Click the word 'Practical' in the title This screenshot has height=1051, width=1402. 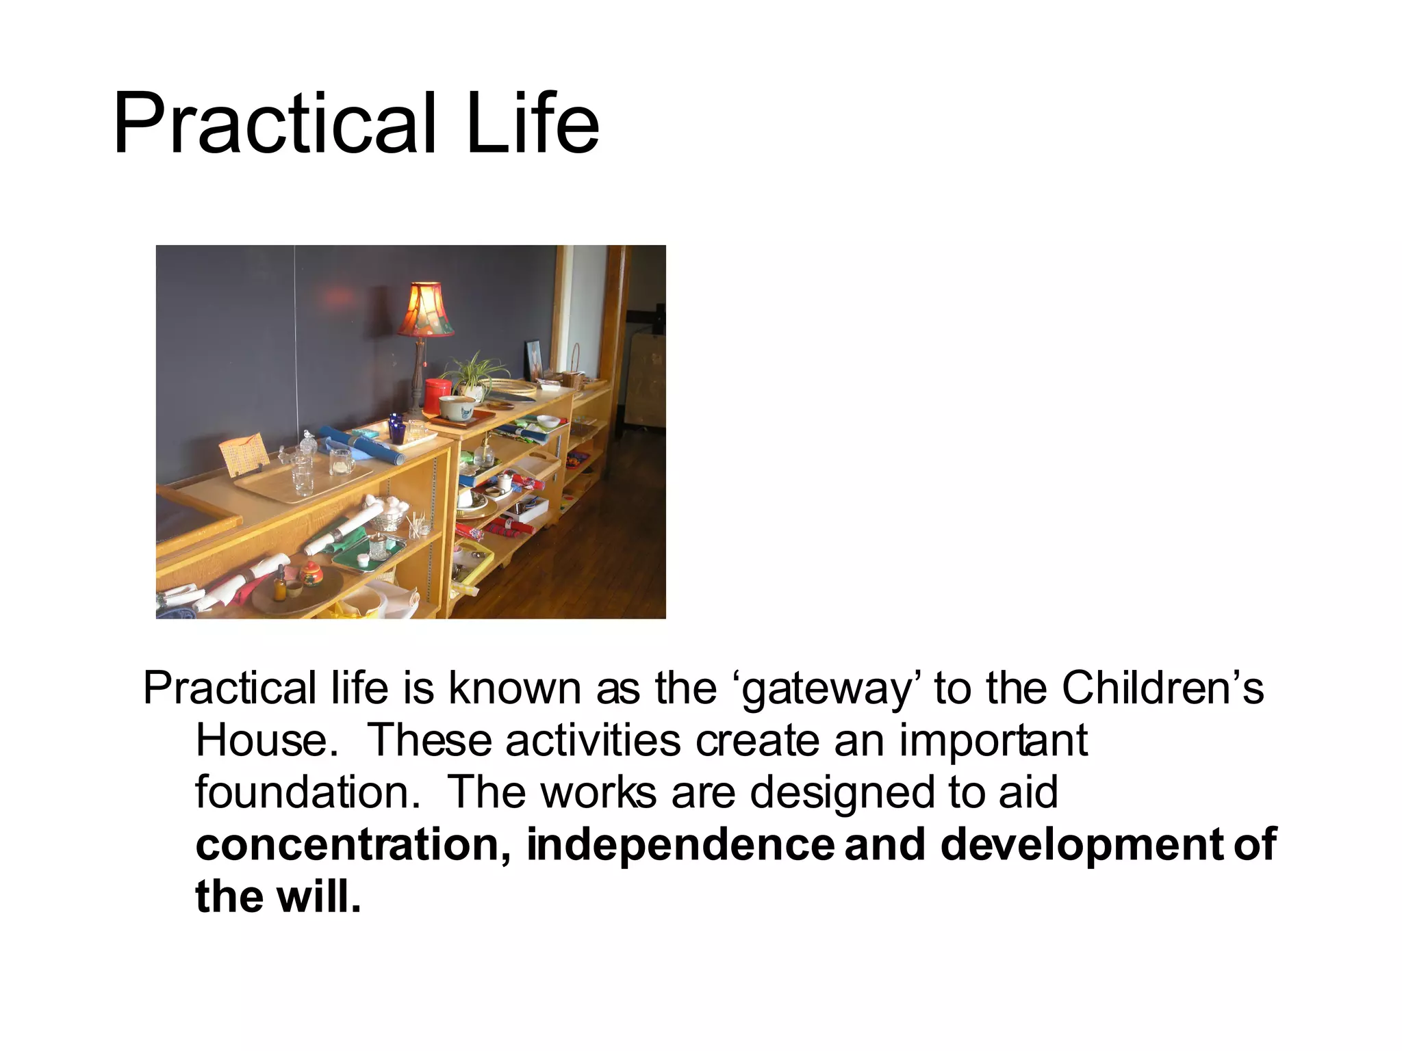point(274,125)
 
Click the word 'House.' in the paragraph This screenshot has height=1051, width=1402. point(267,740)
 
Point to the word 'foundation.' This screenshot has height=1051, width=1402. point(307,792)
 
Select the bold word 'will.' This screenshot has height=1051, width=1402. point(318,896)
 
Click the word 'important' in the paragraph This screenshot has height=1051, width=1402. point(993,740)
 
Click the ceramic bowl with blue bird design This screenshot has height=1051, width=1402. point(457,407)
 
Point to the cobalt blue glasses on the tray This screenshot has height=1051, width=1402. point(396,428)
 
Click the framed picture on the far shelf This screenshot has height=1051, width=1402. point(535,359)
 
